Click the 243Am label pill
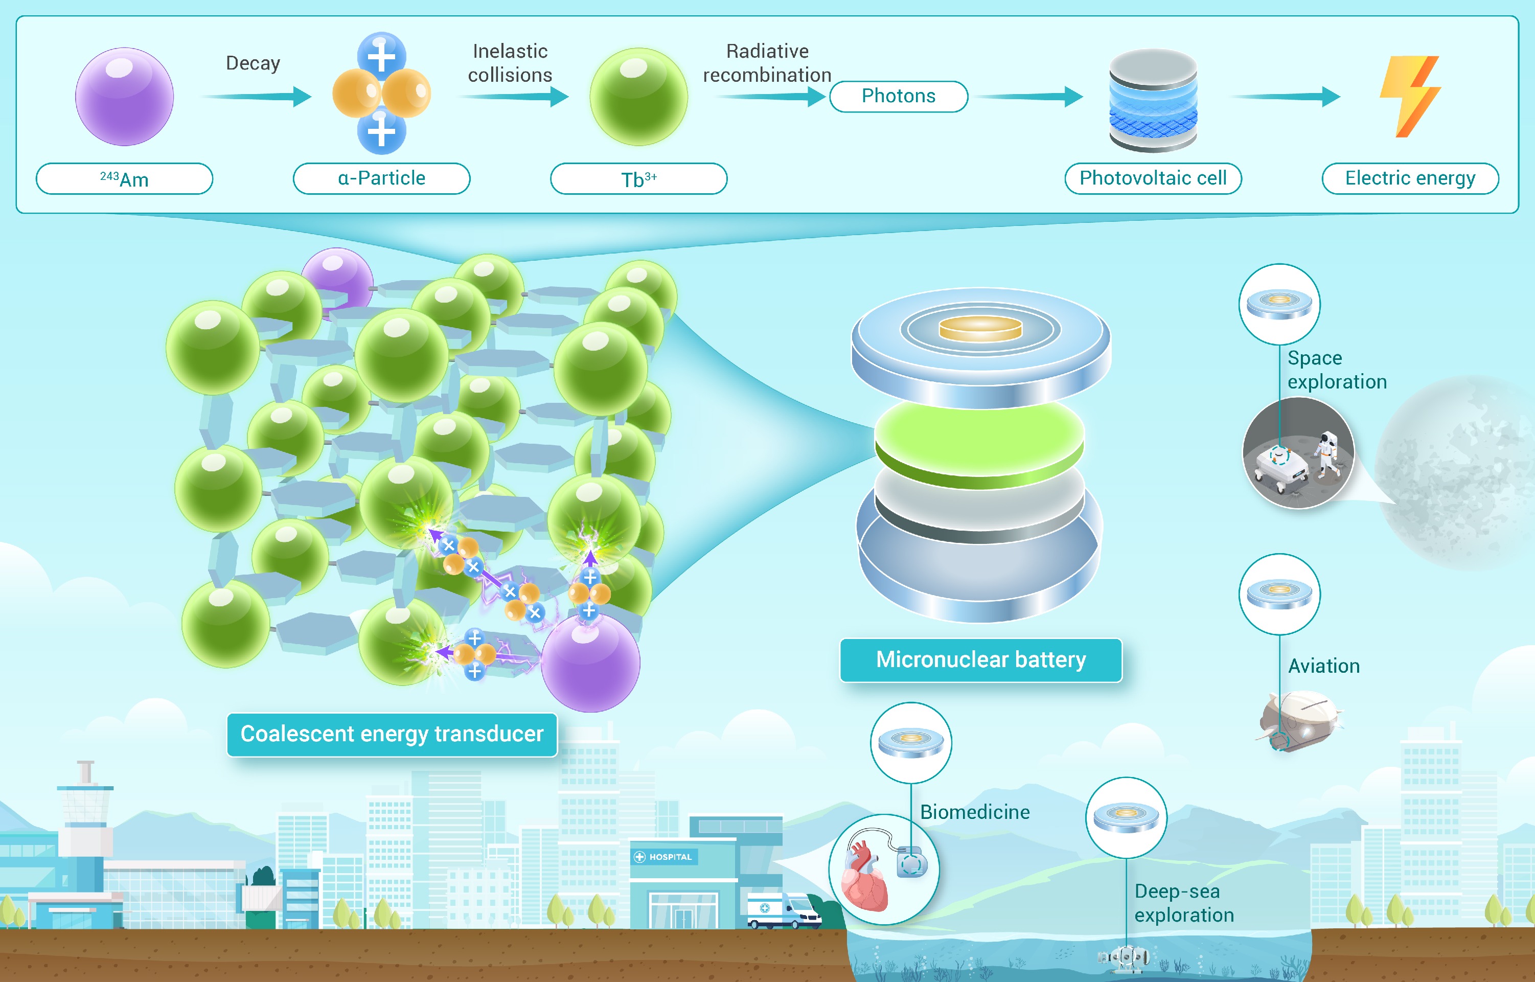[x=124, y=178]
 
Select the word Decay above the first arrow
[x=253, y=63]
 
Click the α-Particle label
[x=381, y=178]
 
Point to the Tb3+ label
[x=639, y=178]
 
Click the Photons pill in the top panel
[x=898, y=96]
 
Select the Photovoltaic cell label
[x=1153, y=178]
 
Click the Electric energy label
[x=1410, y=178]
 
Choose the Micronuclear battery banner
[x=980, y=660]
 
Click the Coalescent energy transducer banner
[x=392, y=735]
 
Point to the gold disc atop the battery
[x=980, y=328]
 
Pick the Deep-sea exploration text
[x=1184, y=903]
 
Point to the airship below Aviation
[x=1300, y=721]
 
